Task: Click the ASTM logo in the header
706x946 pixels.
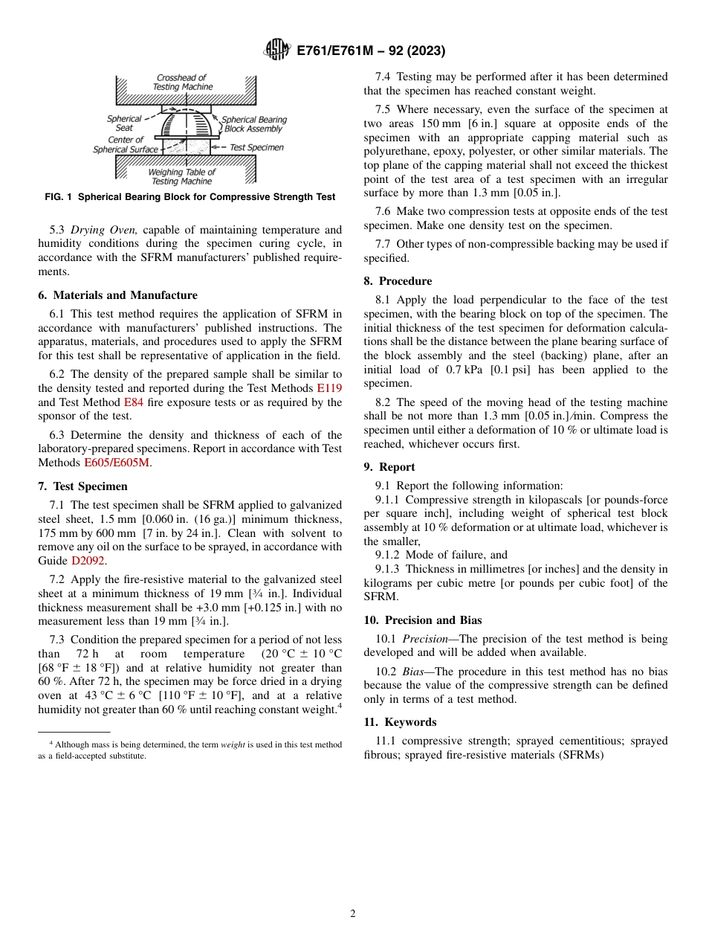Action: [x=277, y=51]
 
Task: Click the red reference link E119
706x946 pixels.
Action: [x=329, y=388]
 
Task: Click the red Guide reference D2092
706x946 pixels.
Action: [x=88, y=561]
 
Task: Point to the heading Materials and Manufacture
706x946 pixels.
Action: [x=117, y=295]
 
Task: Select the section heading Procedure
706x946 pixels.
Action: [x=398, y=281]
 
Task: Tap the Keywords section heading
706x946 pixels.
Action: [x=400, y=722]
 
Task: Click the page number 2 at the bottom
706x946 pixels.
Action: [x=353, y=914]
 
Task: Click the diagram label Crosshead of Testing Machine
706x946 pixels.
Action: [x=182, y=82]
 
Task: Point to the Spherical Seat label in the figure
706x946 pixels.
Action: [x=124, y=123]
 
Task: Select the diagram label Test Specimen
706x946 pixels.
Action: [x=256, y=147]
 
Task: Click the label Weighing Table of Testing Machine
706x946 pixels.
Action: [x=182, y=177]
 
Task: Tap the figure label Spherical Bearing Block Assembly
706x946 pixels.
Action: [x=254, y=124]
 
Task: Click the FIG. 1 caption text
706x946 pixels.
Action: [x=190, y=197]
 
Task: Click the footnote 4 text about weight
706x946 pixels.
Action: [x=190, y=750]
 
